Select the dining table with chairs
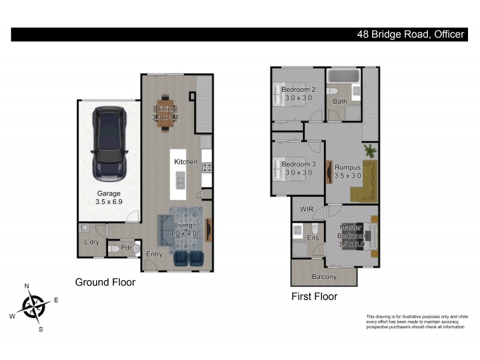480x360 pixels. (165, 113)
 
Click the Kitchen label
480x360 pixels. (186, 162)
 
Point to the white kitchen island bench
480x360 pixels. (179, 175)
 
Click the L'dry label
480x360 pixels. (91, 242)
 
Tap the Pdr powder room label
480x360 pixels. (126, 247)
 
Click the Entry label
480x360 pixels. (154, 254)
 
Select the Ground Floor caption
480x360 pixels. (105, 282)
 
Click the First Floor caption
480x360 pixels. (314, 296)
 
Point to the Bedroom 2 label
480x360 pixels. (298, 94)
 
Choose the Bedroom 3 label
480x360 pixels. (298, 168)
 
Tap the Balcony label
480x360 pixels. (324, 277)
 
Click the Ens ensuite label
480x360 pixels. (313, 238)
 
